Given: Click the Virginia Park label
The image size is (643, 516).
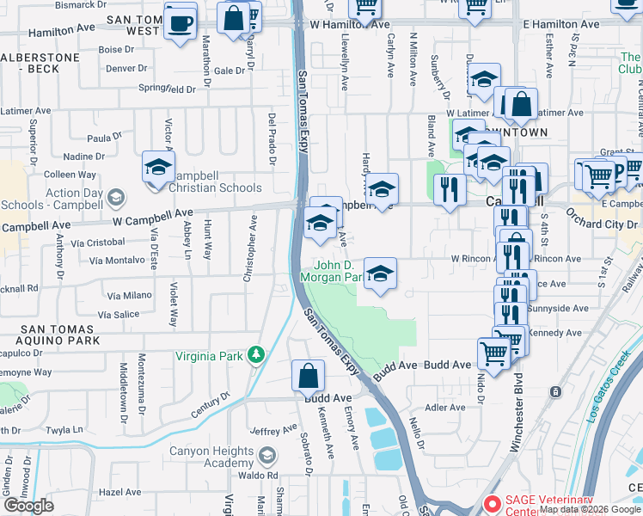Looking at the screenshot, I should coord(211,356).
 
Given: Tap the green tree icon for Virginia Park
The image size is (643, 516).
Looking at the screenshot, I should coord(255,354).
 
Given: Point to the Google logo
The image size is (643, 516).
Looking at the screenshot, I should coord(28,506).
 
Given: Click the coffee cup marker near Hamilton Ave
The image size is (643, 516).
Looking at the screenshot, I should coord(181,22).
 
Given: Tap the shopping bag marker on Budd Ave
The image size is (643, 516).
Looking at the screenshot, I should coord(308,376).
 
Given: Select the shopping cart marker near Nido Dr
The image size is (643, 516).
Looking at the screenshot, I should coord(494,353).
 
